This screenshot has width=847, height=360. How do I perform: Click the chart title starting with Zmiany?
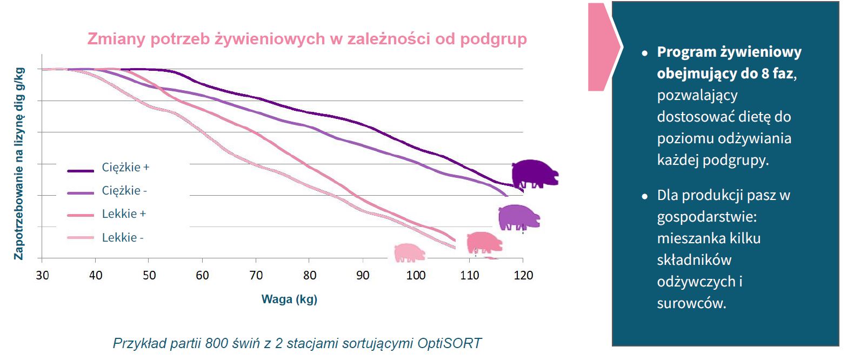coord(306,40)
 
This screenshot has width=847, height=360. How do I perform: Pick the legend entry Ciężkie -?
coord(124,191)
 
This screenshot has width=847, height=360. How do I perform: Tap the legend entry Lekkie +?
coord(124,214)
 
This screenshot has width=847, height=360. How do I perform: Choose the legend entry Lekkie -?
coord(123,237)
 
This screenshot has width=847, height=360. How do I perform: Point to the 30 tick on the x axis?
coord(42,276)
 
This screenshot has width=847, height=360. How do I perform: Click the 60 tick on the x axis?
coord(202,276)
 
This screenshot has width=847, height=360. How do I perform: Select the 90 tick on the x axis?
coord(363,276)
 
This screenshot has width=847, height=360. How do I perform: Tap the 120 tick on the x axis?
coord(523,276)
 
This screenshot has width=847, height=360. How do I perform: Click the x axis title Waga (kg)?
coord(289,299)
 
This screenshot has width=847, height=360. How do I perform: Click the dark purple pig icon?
coord(534,174)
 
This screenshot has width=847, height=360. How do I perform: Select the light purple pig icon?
coord(519,217)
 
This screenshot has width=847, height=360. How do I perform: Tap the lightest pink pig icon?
coord(409,252)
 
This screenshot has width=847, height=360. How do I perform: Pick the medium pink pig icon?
coord(484,242)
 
